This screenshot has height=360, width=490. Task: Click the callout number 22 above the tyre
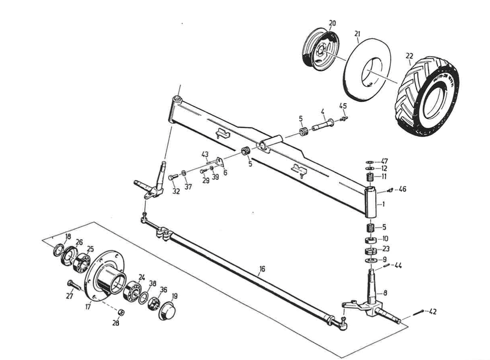[x=409, y=56]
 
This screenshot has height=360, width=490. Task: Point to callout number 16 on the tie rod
[x=262, y=269]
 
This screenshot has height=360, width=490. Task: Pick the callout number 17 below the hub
[x=88, y=305]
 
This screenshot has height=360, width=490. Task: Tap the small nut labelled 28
[x=121, y=313]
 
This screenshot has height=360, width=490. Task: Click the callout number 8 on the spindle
[x=385, y=293]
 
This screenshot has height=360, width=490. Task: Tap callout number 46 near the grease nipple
[x=403, y=189]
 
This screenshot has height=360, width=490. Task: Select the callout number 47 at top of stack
[x=384, y=161]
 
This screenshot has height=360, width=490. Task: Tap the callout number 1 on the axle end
[x=383, y=204]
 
